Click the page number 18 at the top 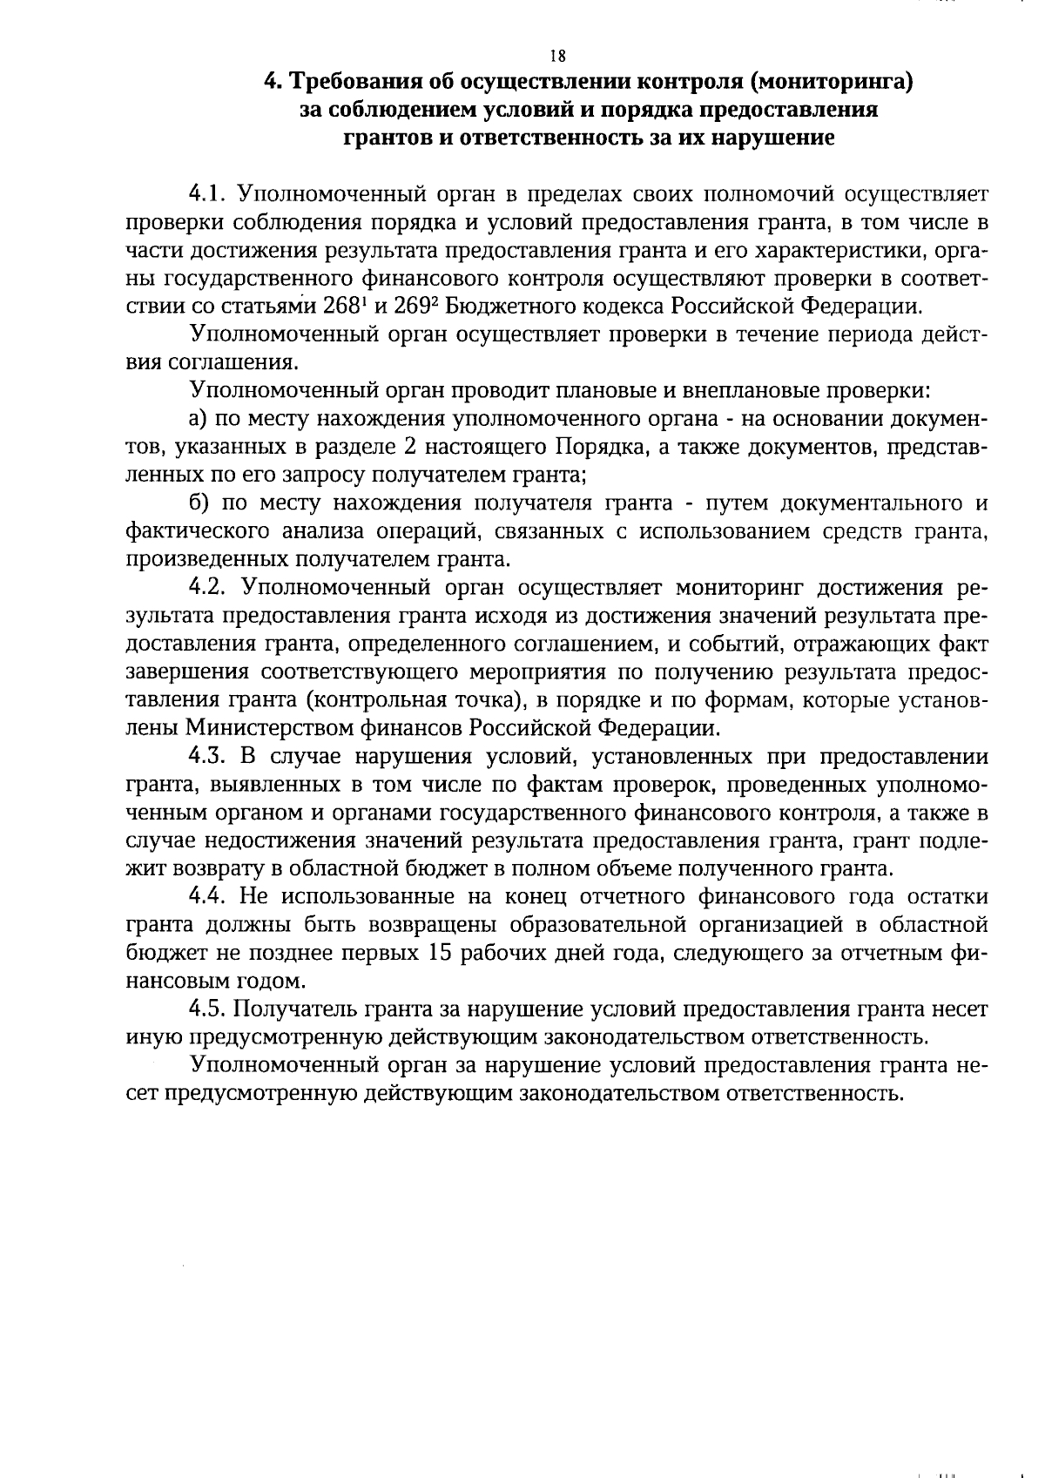click(x=558, y=56)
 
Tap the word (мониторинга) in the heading click(x=830, y=83)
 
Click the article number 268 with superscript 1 click(x=341, y=306)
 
